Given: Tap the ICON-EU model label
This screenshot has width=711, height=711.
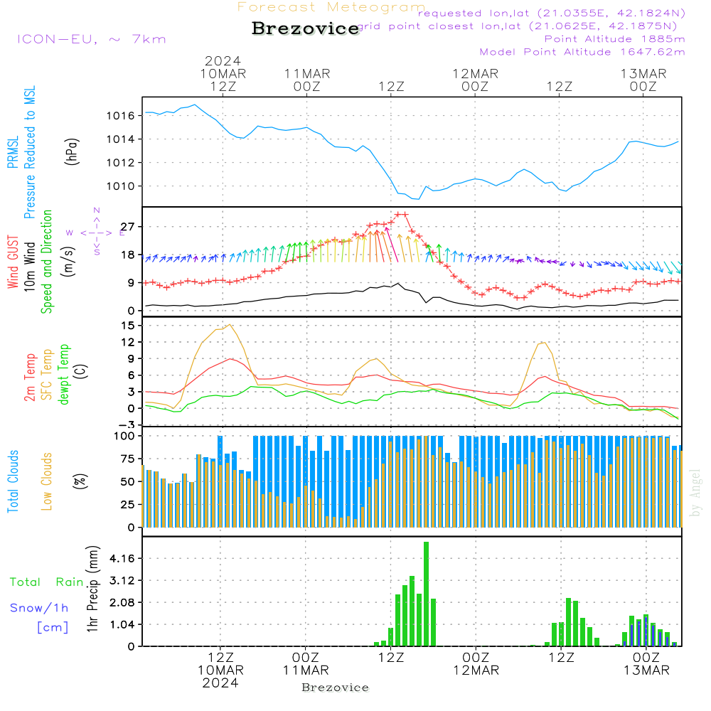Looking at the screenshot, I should pos(91,39).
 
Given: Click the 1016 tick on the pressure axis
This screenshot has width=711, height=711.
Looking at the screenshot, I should pos(120,115).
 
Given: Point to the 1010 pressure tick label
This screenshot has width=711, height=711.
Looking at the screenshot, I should pos(120,186).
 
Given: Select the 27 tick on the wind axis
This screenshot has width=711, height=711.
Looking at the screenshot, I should pos(128,226).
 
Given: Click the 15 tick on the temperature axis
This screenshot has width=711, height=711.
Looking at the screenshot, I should pos(128,325).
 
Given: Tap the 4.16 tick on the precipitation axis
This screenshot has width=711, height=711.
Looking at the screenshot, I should pos(122,558).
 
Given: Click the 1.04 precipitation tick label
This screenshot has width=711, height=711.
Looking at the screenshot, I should pos(122,624).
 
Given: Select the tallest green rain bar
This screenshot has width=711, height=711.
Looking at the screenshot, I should pos(426,594).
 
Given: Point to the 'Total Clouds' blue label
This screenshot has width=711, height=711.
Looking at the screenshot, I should pos(13,481).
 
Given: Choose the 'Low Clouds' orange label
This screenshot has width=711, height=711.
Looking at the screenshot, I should pos(48,481).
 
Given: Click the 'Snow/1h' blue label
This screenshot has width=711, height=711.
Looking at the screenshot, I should pos(40,608).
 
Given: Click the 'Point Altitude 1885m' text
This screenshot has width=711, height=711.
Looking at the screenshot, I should pos(615,38).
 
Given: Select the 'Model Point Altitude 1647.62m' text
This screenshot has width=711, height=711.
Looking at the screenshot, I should pos(582,51).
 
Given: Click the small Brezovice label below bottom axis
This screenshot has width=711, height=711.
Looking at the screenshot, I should pos(335,688).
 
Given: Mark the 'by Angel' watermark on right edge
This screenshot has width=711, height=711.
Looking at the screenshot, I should pos(696,493).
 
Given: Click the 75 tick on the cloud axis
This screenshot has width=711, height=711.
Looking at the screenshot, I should pos(128,459).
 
